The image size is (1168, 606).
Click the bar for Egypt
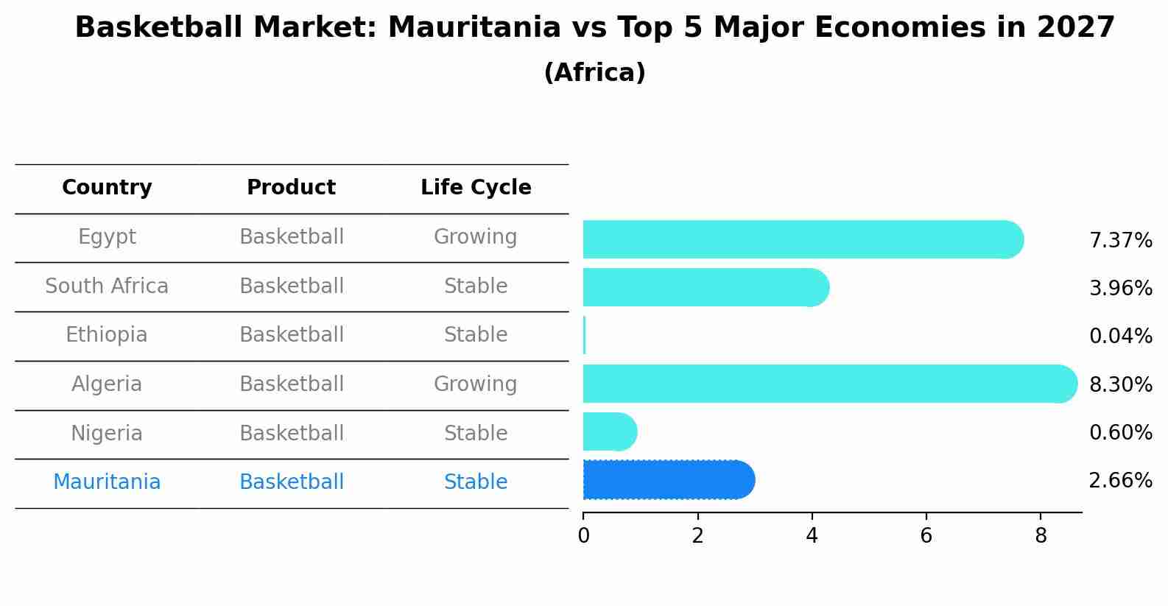click(x=803, y=239)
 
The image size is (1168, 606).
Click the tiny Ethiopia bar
click(x=585, y=336)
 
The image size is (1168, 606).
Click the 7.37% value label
click(x=1120, y=240)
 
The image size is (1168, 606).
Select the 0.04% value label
click(x=1120, y=337)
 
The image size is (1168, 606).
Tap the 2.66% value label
click(x=1120, y=481)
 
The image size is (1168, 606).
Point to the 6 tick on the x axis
click(x=926, y=536)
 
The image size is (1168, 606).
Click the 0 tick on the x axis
click(x=583, y=536)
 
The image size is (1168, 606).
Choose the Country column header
click(x=107, y=188)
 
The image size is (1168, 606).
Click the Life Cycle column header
click(x=476, y=188)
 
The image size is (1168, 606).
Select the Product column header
click(x=291, y=188)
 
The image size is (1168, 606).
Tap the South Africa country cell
click(x=107, y=286)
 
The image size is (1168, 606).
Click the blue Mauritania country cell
click(x=107, y=482)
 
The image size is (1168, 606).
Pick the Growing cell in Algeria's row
click(x=475, y=384)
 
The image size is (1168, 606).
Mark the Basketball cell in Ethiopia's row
click(x=292, y=335)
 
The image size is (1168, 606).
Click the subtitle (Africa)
click(x=594, y=73)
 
